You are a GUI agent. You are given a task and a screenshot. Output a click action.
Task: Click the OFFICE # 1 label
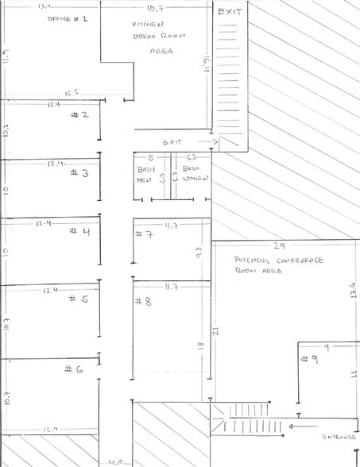pyautogui.click(x=68, y=17)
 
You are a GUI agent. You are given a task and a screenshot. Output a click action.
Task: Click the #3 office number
pyautogui.click(x=80, y=172)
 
